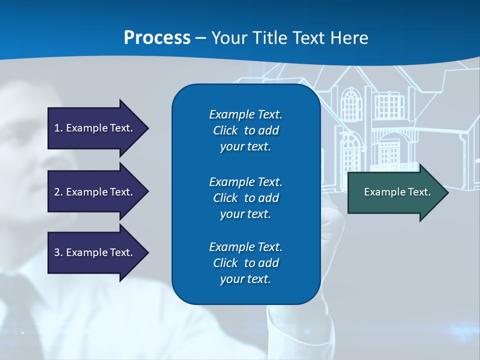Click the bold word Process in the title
[157, 37]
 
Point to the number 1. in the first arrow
[58, 128]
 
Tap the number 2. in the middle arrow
[58, 192]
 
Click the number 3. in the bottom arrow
[58, 252]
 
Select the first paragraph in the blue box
[245, 130]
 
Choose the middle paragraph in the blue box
[245, 197]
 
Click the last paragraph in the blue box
[245, 262]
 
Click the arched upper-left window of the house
[351, 105]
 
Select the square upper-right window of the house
[388, 105]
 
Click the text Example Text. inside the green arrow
[397, 192]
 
